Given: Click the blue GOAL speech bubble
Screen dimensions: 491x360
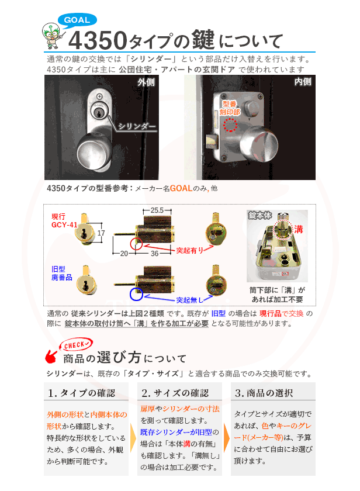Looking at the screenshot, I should [77, 20].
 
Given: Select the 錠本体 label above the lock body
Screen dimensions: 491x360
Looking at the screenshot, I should [260, 215].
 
